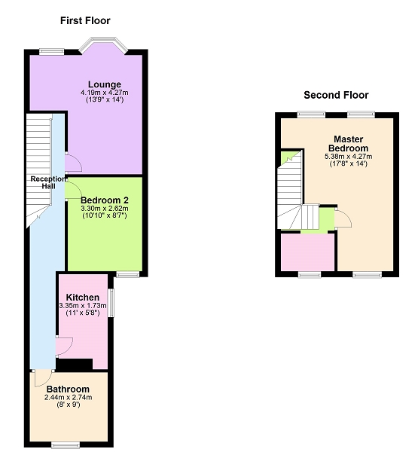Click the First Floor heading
point(85,21)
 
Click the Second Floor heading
point(336,95)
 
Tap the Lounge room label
point(105,84)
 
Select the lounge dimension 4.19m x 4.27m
point(105,93)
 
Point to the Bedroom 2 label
point(105,200)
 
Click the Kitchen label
point(83,298)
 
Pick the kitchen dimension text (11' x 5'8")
point(83,313)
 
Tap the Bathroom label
point(68,389)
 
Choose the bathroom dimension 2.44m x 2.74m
point(68,398)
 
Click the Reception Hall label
point(48,182)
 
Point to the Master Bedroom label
point(348,144)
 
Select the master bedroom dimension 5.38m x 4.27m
point(348,157)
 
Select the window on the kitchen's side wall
point(111,304)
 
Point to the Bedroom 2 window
point(128,274)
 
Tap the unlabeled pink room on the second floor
point(307,252)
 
